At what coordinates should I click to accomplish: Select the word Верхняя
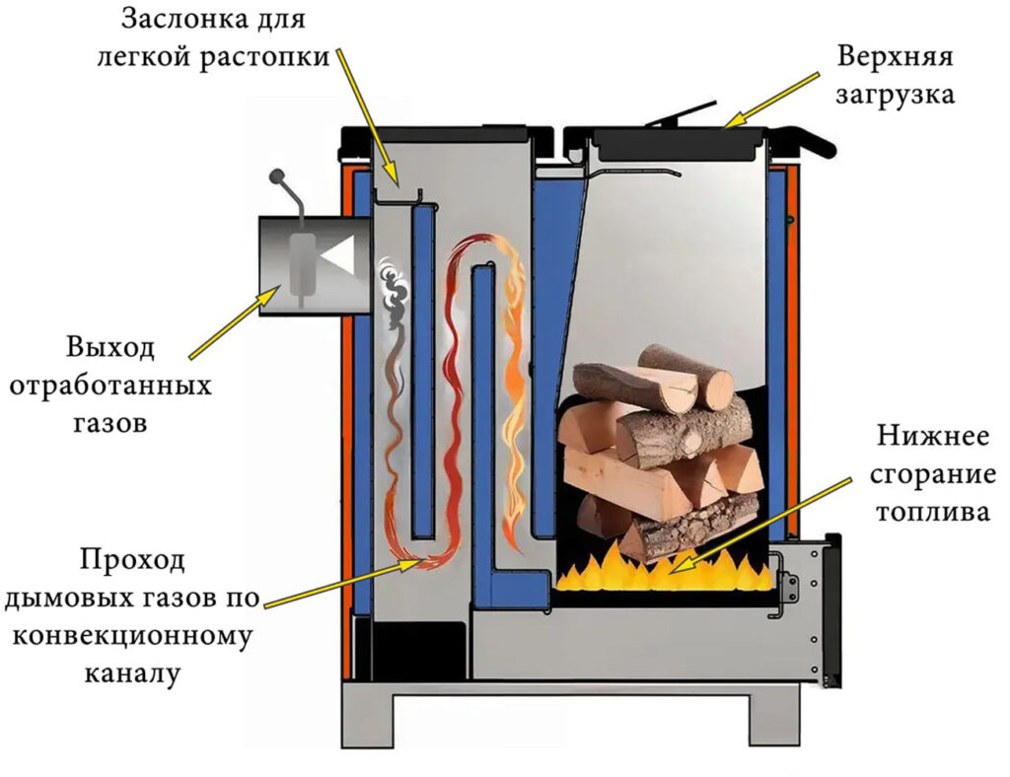[x=895, y=56]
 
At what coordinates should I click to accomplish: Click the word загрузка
[x=895, y=96]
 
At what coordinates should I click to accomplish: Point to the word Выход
[x=110, y=348]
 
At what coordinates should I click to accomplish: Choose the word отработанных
[x=110, y=387]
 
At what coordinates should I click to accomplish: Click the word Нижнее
[x=932, y=436]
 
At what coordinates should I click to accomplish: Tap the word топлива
[x=932, y=513]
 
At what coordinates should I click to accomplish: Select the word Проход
[x=132, y=559]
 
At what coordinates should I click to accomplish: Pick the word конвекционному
[x=132, y=637]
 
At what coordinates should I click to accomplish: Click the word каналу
[x=132, y=674]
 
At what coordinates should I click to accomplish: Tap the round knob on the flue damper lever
[x=277, y=175]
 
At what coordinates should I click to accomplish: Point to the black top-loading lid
[x=679, y=144]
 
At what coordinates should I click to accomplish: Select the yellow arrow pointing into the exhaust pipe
[x=235, y=321]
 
